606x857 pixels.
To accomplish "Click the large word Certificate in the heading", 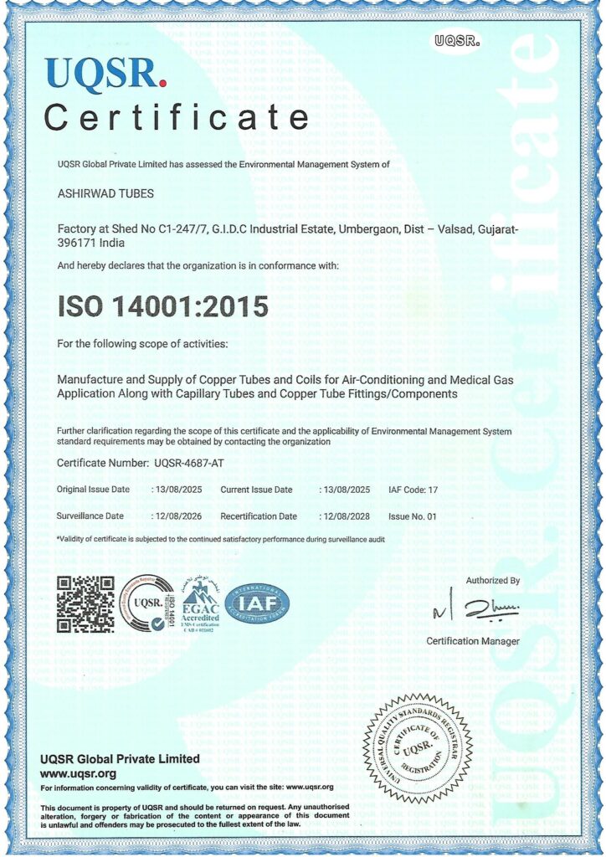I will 176,116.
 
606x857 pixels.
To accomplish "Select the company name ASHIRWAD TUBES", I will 105,194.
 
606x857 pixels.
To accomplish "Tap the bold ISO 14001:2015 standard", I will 162,306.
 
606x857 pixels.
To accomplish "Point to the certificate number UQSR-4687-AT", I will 189,462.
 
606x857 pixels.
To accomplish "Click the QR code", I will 85,604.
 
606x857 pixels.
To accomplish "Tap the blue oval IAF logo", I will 258,603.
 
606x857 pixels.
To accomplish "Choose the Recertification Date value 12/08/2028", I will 347,516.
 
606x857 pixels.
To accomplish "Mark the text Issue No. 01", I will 413,516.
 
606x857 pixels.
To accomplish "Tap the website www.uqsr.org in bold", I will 78,773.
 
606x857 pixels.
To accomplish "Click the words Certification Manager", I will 473,641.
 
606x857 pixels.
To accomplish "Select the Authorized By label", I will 493,580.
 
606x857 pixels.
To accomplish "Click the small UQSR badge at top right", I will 456,38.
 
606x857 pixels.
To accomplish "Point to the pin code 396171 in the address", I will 78,243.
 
